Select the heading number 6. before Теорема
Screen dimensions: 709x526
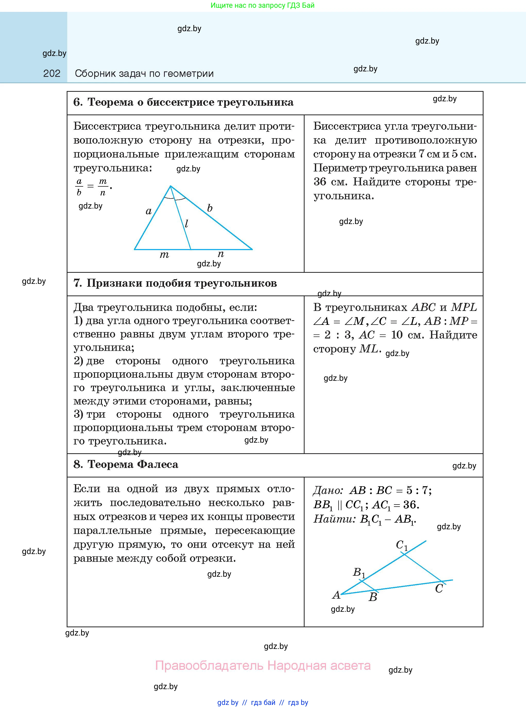coord(78,102)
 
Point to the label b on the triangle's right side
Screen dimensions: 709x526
coord(210,208)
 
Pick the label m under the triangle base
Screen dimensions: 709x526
coord(164,255)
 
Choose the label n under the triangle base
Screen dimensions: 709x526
coord(221,254)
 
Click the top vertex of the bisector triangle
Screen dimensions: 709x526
coord(170,186)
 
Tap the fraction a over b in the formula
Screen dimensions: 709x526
coord(79,187)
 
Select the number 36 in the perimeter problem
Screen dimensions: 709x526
coord(320,182)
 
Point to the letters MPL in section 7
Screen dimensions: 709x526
coord(464,307)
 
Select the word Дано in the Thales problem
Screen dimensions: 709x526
coord(327,490)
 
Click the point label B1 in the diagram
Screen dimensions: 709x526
coord(359,572)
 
